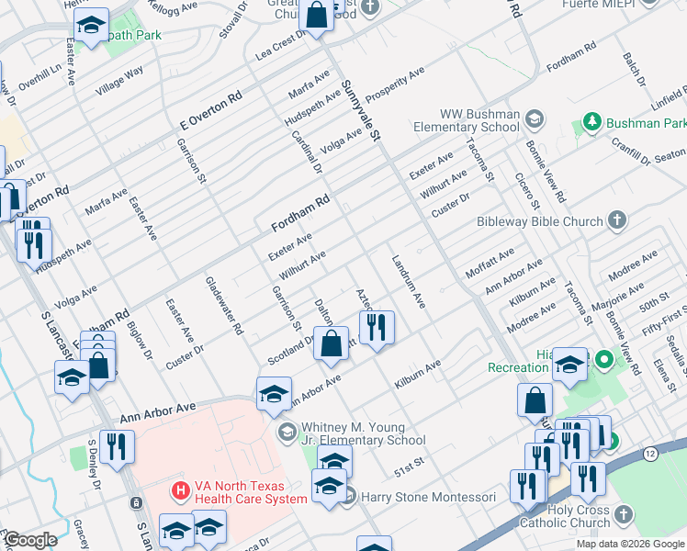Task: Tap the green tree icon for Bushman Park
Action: pos(591,122)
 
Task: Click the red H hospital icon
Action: pos(180,492)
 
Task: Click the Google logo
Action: pos(29,540)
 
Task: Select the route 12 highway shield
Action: pos(649,455)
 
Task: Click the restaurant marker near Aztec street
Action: pos(376,328)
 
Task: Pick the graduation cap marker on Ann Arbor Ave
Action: pos(274,395)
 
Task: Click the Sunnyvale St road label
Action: pos(360,109)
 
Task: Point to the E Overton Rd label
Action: pos(210,109)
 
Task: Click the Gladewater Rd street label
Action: pos(224,306)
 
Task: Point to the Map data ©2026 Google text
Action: pos(630,544)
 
